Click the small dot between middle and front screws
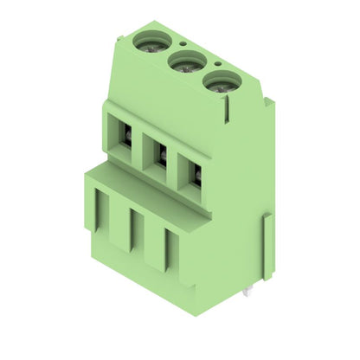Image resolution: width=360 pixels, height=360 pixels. (217, 63)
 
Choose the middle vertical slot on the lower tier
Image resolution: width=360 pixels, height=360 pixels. (133, 229)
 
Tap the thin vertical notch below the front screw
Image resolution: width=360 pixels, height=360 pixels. (228, 109)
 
